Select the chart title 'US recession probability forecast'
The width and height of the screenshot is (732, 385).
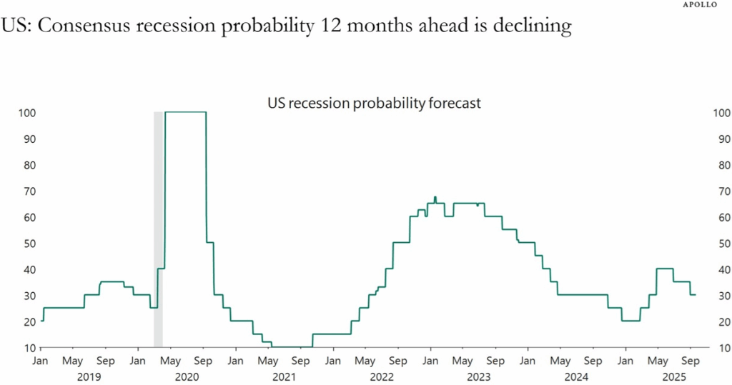(374, 103)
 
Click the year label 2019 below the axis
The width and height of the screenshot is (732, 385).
(89, 375)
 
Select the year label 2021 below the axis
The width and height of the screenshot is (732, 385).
(284, 375)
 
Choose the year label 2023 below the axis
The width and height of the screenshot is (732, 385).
(479, 375)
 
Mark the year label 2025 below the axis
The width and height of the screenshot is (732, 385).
(673, 375)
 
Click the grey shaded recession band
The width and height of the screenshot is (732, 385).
(158, 229)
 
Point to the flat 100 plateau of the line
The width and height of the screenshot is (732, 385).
(185, 112)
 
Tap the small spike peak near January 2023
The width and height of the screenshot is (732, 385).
(435, 197)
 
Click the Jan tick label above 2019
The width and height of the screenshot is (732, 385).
(41, 361)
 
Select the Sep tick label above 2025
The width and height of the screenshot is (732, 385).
(691, 361)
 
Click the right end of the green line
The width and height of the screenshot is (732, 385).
(696, 295)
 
